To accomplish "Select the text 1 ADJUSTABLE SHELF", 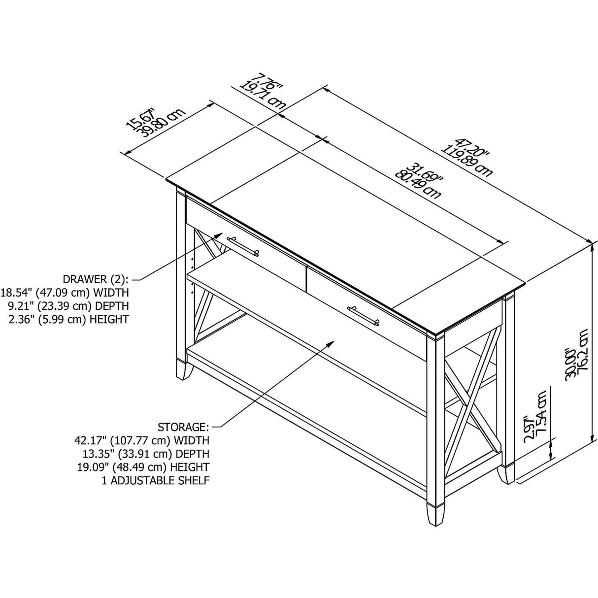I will click(x=155, y=480).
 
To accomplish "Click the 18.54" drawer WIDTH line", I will click(x=65, y=293).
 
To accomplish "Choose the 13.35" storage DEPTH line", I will click(x=143, y=453).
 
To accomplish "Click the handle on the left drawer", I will click(x=242, y=246).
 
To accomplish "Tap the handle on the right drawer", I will click(x=364, y=315).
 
